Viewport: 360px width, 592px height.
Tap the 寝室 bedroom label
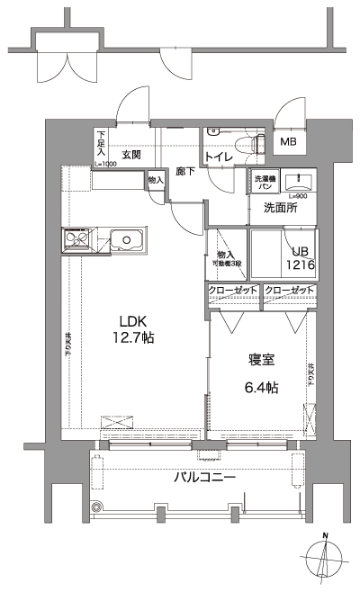tap(262, 360)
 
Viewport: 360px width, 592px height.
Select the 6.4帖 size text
tap(262, 388)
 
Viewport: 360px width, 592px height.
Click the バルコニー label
tap(204, 477)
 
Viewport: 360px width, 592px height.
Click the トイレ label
tap(220, 159)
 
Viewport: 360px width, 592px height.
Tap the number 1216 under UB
tap(299, 266)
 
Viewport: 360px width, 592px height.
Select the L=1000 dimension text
tap(104, 164)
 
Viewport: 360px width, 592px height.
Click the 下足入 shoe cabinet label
tap(102, 145)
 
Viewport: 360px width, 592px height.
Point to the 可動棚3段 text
tap(227, 264)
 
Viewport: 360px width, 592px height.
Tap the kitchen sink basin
tap(126, 241)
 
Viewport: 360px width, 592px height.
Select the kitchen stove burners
tap(76, 241)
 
